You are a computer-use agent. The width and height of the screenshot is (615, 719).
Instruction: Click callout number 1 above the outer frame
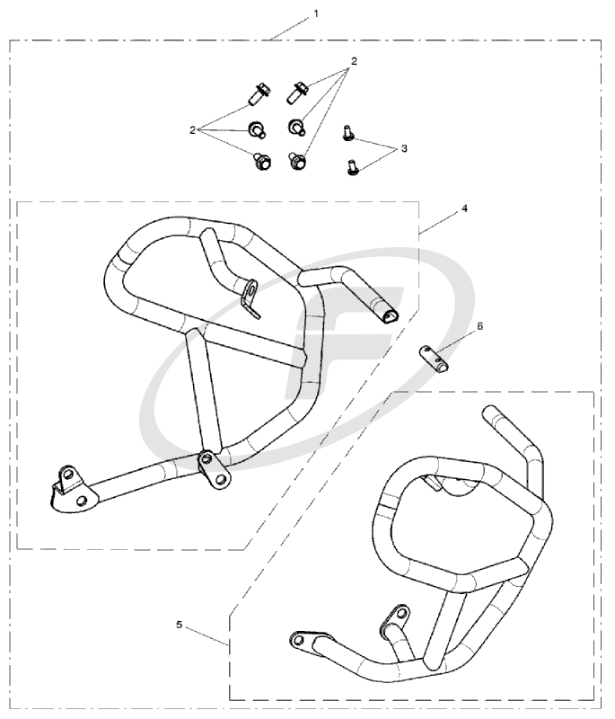pos(315,13)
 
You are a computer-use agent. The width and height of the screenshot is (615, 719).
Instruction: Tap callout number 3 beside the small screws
pos(404,148)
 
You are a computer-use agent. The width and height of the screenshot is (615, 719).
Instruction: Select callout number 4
pos(464,209)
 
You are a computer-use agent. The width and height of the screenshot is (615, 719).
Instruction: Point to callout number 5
pos(179,625)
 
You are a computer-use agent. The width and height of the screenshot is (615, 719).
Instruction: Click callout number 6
pos(480,326)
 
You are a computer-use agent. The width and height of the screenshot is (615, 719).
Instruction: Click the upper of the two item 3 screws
pos(347,133)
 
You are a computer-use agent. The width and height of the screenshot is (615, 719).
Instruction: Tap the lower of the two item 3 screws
pos(352,167)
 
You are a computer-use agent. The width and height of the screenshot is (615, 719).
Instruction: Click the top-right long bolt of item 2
pos(298,93)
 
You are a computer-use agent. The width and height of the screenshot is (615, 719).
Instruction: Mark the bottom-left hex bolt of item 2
pos(261,161)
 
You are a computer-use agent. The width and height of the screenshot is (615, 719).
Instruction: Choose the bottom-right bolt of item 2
pos(297,162)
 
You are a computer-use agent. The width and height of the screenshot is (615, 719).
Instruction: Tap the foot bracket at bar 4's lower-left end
pos(72,489)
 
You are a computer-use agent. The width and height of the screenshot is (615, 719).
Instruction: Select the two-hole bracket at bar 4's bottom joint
pos(214,469)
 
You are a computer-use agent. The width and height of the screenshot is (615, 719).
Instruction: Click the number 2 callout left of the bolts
pos(192,130)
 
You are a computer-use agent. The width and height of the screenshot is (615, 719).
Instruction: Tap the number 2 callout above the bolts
pos(354,60)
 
